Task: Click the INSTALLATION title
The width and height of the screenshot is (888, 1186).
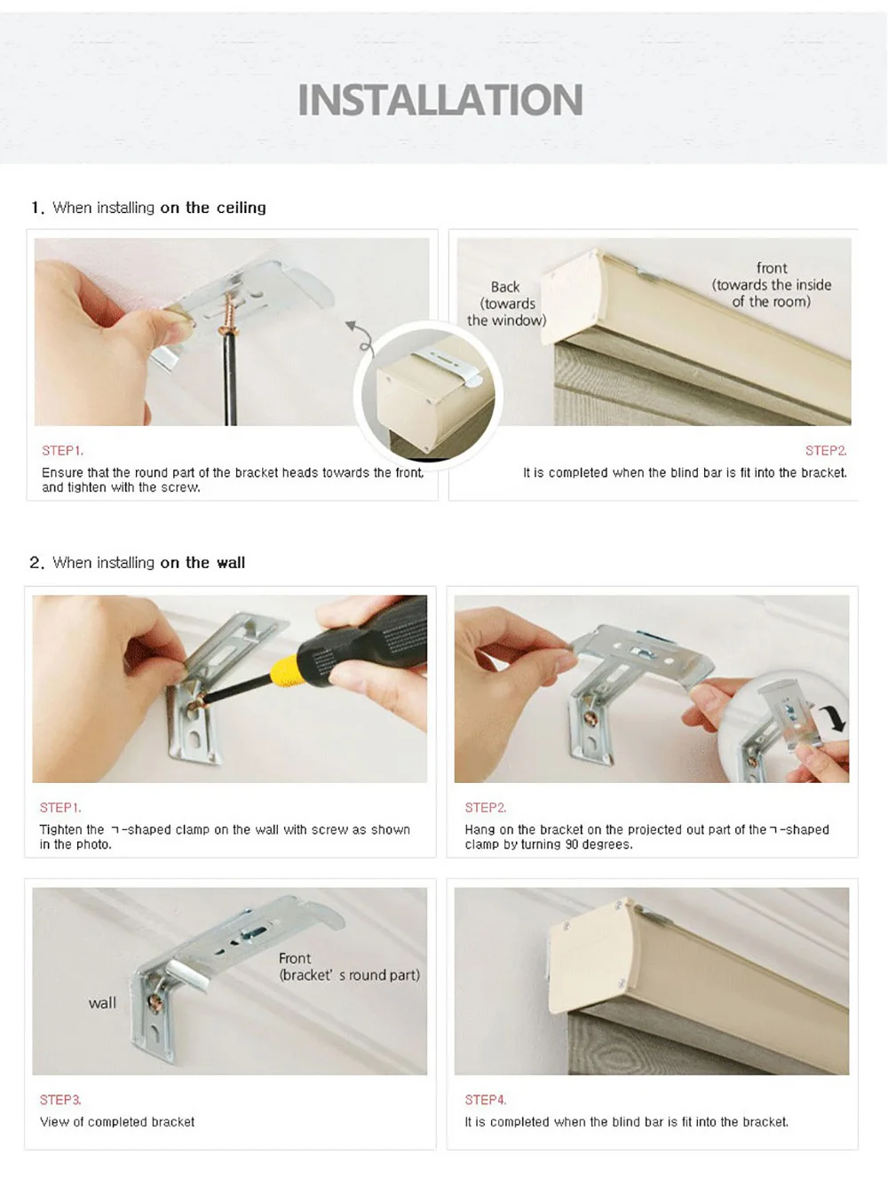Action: coord(440,99)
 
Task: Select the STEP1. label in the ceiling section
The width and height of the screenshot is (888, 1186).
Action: coord(63,451)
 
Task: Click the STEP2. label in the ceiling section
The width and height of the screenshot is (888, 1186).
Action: coord(826,451)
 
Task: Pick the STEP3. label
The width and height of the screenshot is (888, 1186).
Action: coord(60,1100)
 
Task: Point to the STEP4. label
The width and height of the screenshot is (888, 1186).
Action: coord(486,1100)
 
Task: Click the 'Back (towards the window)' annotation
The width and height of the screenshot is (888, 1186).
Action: coord(506,303)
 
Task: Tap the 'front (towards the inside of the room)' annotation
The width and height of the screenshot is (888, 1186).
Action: coord(772,285)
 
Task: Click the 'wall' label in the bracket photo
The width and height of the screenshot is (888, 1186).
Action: coord(102,1003)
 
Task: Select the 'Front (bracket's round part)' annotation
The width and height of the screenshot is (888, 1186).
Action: coord(349,967)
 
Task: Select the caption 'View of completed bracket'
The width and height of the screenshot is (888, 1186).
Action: coord(117,1122)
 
